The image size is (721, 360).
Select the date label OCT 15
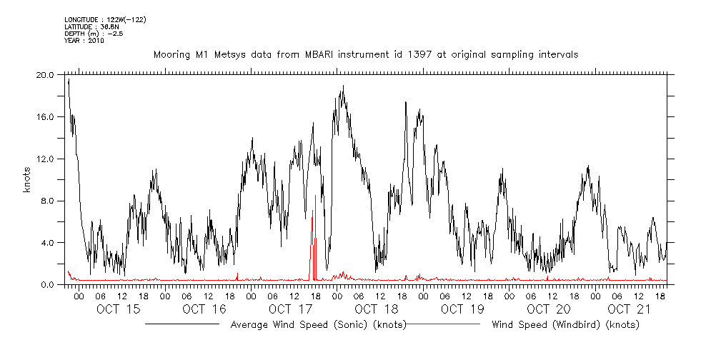tap(119, 309)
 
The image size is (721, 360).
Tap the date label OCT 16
tap(204, 309)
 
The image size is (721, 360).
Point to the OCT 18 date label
tap(377, 309)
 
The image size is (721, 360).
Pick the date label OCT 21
tap(629, 309)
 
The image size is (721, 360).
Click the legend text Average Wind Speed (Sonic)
tap(319, 325)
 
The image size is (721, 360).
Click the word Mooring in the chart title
tap(172, 54)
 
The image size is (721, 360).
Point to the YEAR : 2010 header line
tap(84, 41)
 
